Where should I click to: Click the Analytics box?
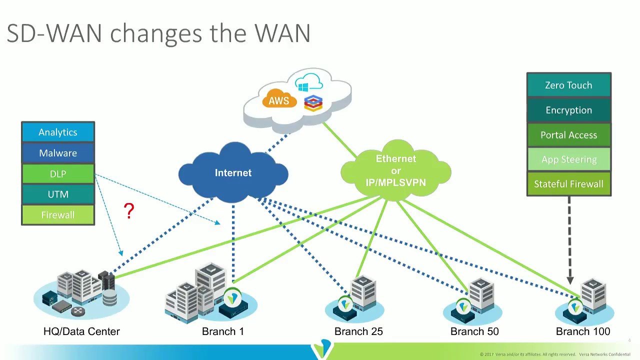tap(58, 132)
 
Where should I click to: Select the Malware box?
tap(58, 153)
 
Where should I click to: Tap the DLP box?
tap(58, 174)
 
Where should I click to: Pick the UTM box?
tap(58, 194)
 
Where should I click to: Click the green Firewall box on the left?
tap(58, 215)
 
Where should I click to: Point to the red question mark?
tap(129, 211)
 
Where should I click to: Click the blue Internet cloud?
tap(233, 173)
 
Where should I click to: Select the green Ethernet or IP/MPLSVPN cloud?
tap(396, 170)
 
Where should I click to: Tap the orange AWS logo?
tap(278, 100)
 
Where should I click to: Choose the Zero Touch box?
tap(568, 85)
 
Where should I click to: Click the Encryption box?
tap(568, 110)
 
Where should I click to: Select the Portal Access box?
tap(568, 135)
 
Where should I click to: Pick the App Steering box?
tap(568, 159)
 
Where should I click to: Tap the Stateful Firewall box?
tap(568, 184)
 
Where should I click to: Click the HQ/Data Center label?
tap(81, 331)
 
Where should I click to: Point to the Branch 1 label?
tap(223, 331)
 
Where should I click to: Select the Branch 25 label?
tap(358, 331)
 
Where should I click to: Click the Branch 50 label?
tap(474, 331)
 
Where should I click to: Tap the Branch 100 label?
tap(583, 331)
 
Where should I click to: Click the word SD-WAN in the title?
tap(54, 34)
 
